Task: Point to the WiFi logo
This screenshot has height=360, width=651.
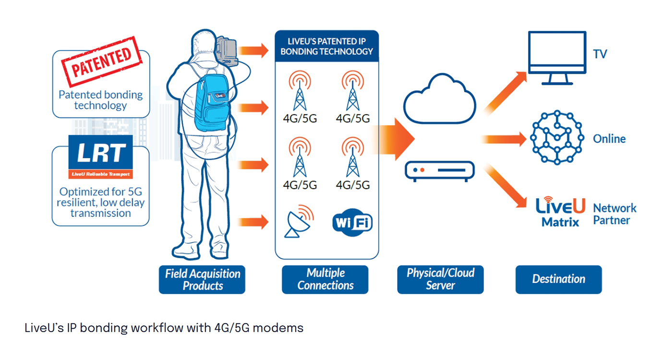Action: pos(352,222)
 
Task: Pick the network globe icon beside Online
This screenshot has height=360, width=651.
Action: pos(557,137)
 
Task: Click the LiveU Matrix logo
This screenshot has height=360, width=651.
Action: pos(560,211)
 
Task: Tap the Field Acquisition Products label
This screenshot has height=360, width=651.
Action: pos(202,279)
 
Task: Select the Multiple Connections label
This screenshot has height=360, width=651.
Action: pos(325,279)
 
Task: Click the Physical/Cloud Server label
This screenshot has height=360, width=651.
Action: pos(440,279)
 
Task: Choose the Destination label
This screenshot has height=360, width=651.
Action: pos(558,279)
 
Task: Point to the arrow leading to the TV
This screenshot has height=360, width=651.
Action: pos(504,91)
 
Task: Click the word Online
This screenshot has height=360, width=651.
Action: pos(609,139)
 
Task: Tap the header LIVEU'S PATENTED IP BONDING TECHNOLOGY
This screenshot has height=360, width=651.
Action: pos(326,46)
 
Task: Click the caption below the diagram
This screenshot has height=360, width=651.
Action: pos(164,328)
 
